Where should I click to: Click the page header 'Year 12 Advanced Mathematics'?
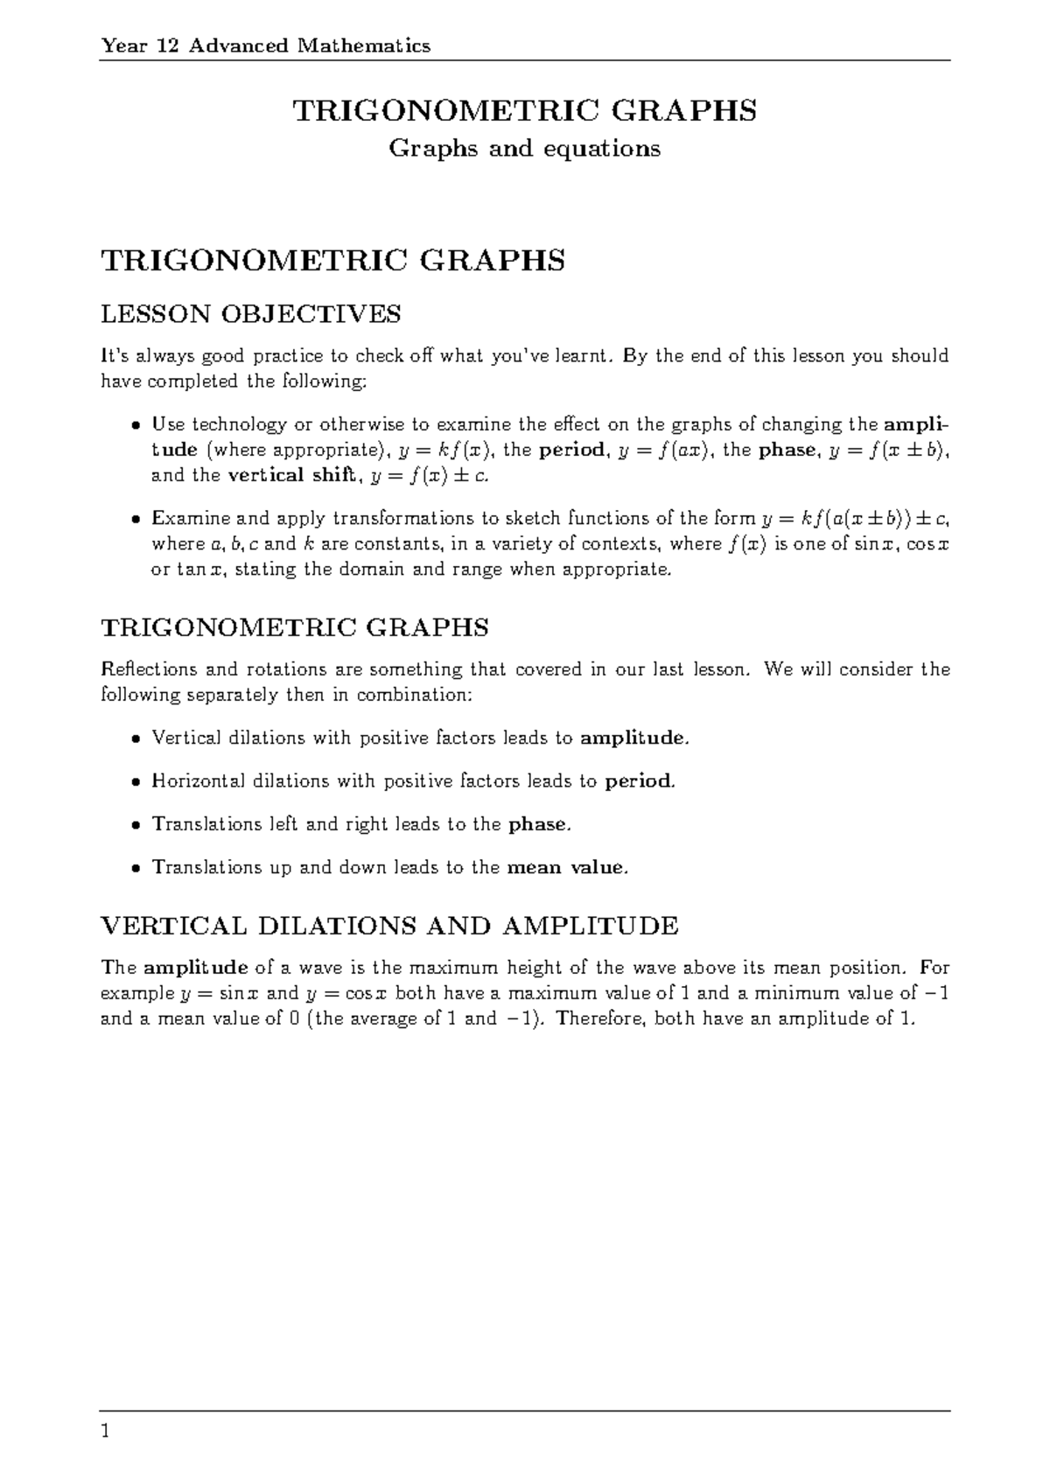pyautogui.click(x=266, y=45)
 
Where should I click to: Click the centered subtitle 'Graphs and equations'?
pyautogui.click(x=524, y=149)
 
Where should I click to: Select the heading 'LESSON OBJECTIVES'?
pyautogui.click(x=251, y=313)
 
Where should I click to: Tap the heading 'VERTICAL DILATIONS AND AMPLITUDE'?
pyautogui.click(x=390, y=926)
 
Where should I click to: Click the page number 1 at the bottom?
pyautogui.click(x=106, y=1432)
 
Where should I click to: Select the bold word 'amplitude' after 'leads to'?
pyautogui.click(x=632, y=738)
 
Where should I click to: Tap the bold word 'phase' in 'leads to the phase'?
pyautogui.click(x=538, y=824)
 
